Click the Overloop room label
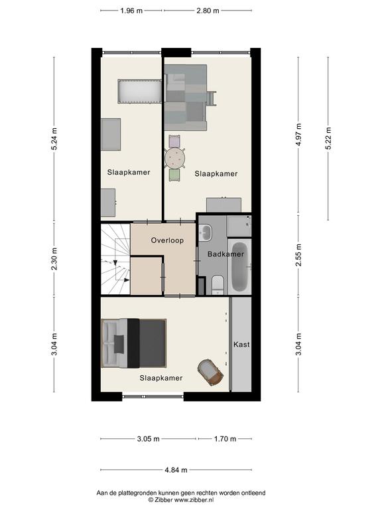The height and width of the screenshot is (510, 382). [167, 240]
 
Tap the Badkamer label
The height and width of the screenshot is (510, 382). [225, 254]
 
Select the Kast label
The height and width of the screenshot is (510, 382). [241, 344]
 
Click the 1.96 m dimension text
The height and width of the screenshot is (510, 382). [131, 11]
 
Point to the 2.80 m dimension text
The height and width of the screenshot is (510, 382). [208, 11]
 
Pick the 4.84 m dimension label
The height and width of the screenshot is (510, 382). [176, 469]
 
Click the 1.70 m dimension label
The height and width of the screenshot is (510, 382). [225, 439]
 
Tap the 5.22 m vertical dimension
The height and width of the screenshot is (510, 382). [328, 138]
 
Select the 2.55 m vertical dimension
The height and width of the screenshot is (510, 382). [298, 255]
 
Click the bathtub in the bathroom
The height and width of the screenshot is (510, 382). [239, 267]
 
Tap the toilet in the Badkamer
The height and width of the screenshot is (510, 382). [218, 285]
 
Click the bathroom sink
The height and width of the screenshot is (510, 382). [205, 232]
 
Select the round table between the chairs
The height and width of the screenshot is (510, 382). [175, 158]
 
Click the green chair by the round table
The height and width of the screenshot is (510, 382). [174, 175]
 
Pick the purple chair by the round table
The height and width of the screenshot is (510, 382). [174, 141]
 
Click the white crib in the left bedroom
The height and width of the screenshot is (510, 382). [140, 92]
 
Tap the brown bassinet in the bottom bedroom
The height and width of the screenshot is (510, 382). [210, 372]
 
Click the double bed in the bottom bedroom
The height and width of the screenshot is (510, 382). [133, 343]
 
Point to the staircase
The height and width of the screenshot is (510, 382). [115, 258]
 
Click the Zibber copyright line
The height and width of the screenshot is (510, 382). [181, 500]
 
